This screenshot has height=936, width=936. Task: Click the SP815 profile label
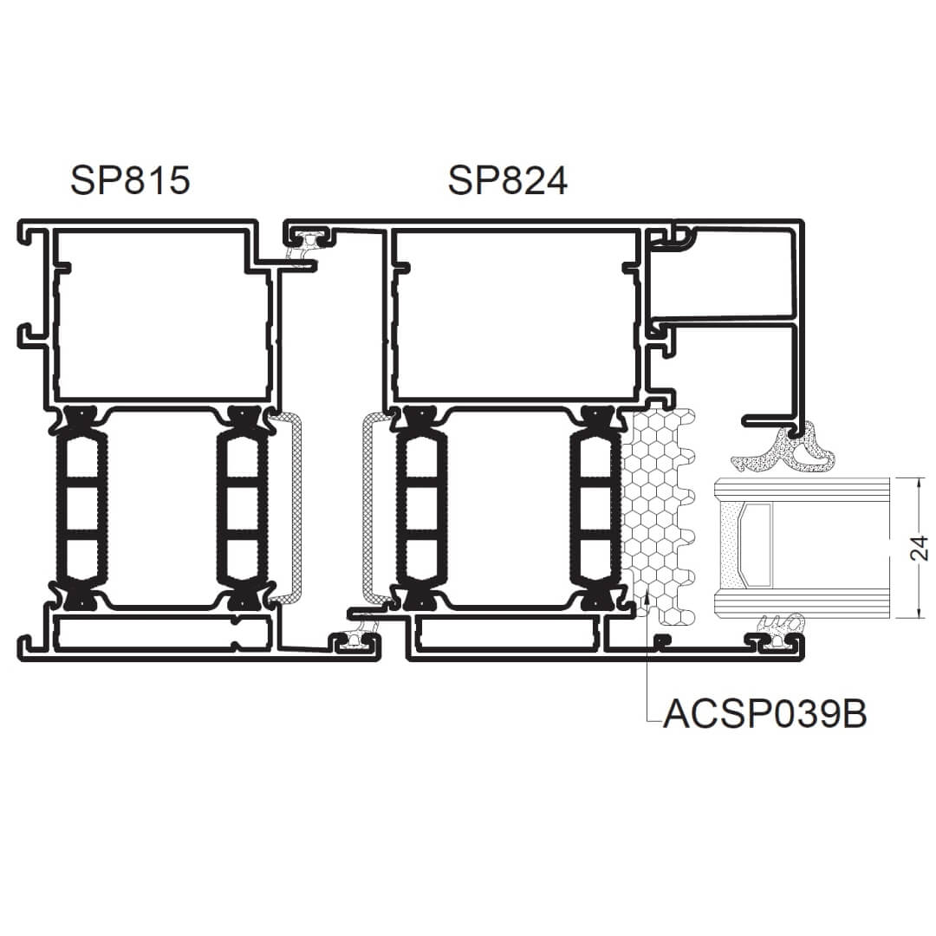tap(130, 180)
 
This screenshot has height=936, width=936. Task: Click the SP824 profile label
tap(507, 180)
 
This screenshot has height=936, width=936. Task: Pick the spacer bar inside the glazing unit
tap(755, 544)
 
